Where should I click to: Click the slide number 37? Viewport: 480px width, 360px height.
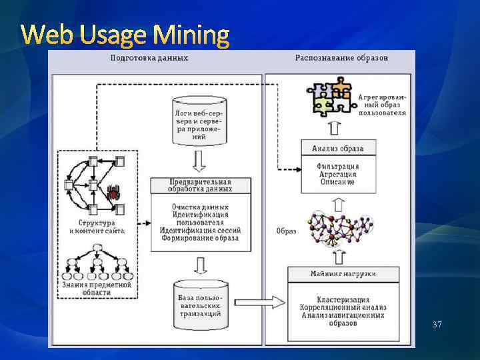(437, 325)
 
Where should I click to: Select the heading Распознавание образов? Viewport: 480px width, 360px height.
(341, 58)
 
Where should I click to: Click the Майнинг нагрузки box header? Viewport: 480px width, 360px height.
(343, 274)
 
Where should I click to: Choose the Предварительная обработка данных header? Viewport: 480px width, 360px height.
(201, 185)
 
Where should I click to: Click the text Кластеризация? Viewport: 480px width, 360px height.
(343, 300)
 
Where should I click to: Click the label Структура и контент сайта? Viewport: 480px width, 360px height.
(97, 227)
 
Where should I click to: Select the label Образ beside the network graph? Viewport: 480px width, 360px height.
(286, 231)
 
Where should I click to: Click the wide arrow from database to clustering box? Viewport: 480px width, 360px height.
(261, 301)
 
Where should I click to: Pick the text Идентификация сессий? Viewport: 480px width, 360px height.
(201, 230)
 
